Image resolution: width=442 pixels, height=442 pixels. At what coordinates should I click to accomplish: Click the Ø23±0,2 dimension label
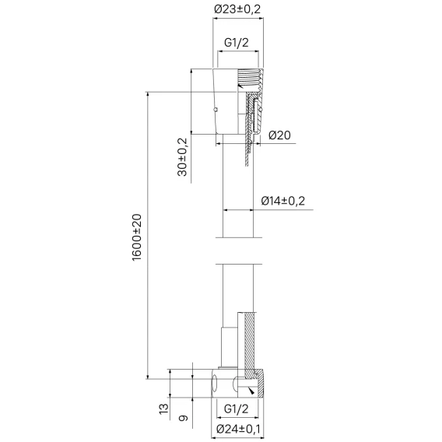237,9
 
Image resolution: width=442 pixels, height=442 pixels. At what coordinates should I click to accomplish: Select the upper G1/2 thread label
237,43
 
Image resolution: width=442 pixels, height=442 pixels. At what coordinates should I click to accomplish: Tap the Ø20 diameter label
279,135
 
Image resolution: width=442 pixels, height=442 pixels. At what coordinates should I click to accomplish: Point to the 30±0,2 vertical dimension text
182,157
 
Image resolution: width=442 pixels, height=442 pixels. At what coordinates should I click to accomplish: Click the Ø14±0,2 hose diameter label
283,201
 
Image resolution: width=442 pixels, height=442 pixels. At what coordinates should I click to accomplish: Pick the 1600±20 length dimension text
137,237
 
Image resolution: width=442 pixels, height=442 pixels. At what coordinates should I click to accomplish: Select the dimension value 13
163,409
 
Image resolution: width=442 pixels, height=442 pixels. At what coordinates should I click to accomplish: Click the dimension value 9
184,418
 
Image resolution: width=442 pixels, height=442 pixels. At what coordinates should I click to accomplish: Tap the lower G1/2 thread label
237,409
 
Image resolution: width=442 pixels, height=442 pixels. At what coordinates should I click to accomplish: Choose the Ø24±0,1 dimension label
238,430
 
